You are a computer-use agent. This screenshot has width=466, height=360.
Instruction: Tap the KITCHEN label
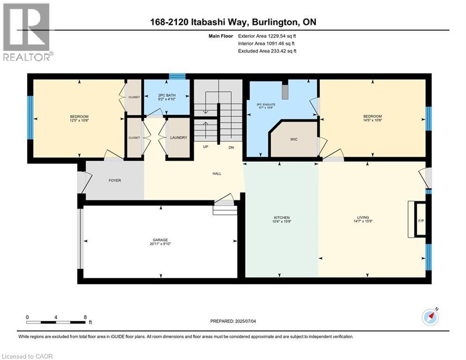pyautogui.click(x=281, y=217)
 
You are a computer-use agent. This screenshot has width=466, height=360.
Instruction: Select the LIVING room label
pyautogui.click(x=363, y=217)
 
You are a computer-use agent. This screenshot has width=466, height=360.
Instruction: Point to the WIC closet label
pyautogui.click(x=294, y=139)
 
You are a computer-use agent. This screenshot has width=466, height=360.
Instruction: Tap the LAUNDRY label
pyautogui.click(x=179, y=138)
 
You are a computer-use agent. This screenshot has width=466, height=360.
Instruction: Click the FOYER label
pyautogui.click(x=115, y=180)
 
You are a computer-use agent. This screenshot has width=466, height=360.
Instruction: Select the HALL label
pyautogui.click(x=217, y=173)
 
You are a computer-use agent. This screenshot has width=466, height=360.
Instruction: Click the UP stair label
pyautogui.click(x=205, y=147)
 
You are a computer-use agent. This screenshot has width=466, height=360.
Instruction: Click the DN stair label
pyautogui.click(x=231, y=147)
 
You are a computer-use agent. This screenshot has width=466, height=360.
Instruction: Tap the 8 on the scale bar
pyautogui.click(x=85, y=317)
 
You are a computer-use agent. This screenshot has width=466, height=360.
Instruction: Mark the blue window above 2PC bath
pyautogui.click(x=177, y=76)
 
